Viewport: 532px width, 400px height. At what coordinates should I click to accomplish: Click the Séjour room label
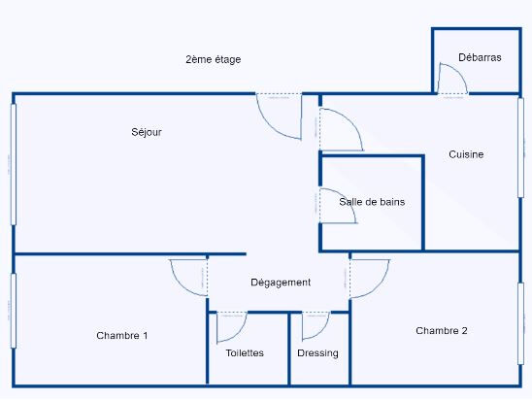point(147,132)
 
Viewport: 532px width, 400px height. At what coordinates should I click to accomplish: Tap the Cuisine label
point(466,154)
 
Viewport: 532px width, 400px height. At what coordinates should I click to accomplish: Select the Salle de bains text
point(372,202)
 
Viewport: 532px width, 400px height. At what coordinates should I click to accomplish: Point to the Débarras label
point(481,58)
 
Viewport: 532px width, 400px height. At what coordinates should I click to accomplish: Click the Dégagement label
point(281,283)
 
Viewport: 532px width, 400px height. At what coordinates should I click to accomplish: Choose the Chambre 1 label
point(122,336)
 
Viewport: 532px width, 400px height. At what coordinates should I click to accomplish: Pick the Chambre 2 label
point(442,331)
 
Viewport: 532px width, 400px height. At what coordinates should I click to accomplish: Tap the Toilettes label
point(245,353)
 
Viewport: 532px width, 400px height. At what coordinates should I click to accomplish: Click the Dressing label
point(318,353)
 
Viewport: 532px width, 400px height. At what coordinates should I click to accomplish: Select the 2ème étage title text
point(213,59)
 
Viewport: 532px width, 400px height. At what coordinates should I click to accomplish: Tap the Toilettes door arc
point(231,327)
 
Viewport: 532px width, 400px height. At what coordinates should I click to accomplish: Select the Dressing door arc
point(316,326)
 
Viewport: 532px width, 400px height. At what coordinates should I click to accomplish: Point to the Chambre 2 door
point(369,278)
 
